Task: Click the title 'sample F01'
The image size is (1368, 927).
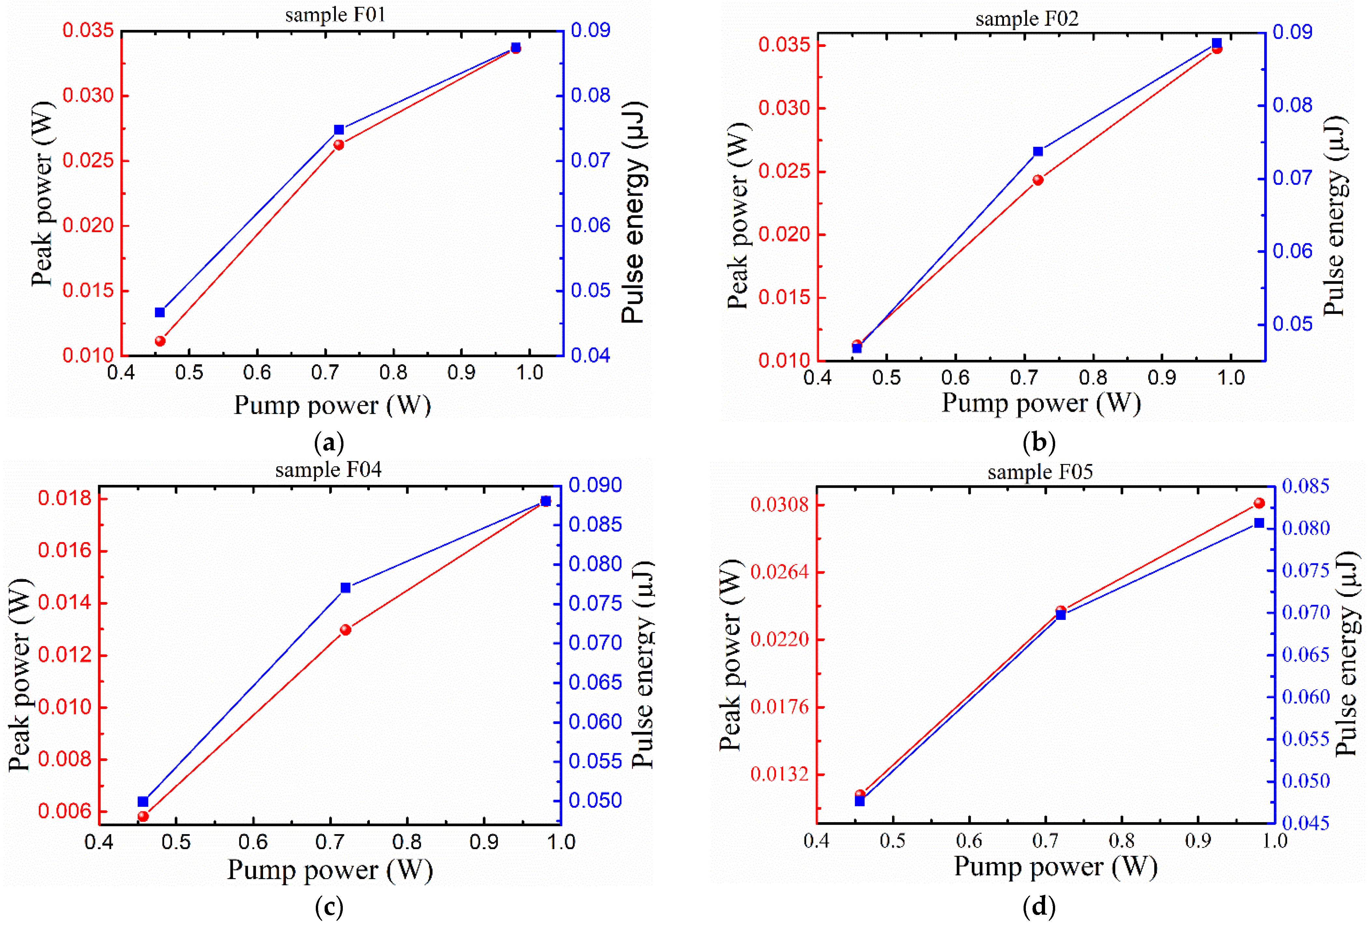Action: [x=335, y=15]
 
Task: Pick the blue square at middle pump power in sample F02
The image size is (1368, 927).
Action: [x=1038, y=152]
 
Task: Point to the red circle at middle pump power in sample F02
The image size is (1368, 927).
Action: [x=1038, y=180]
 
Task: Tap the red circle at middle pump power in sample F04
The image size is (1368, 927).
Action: [x=345, y=630]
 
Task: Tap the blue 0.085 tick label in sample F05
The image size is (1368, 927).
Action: [x=1305, y=486]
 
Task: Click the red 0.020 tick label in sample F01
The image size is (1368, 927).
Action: [x=88, y=225]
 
